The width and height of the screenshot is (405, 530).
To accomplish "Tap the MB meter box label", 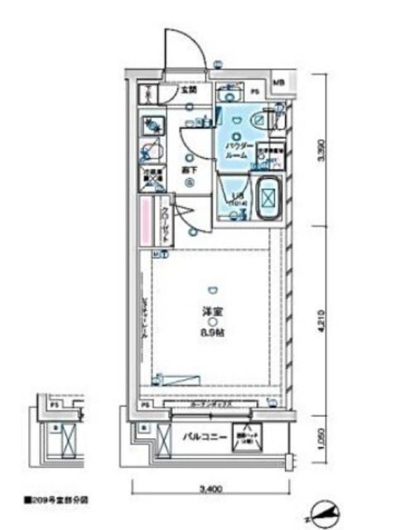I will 278,83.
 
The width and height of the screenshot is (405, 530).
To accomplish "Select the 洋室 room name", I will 213,311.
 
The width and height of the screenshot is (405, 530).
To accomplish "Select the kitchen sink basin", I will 150,124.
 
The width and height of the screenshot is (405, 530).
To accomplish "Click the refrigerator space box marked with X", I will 149,178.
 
